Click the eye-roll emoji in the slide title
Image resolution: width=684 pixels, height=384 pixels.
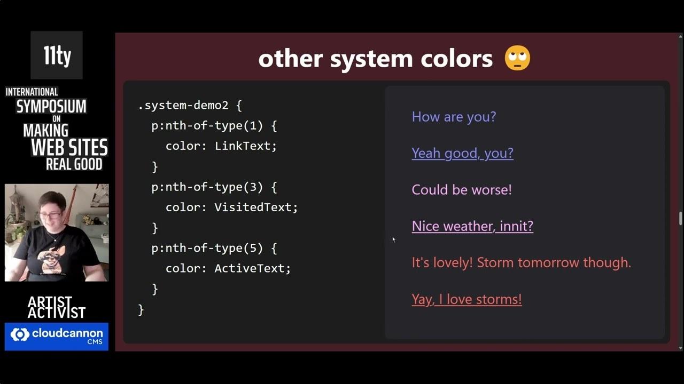point(517,58)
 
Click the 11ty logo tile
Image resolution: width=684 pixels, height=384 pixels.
point(57,55)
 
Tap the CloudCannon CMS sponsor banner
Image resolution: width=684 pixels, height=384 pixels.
point(57,337)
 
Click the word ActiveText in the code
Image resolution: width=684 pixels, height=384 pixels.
point(250,268)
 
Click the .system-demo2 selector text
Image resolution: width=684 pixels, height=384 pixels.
point(183,106)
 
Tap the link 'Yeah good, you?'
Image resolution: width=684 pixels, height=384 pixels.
point(462,153)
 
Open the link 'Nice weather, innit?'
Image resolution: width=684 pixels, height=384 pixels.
point(472,226)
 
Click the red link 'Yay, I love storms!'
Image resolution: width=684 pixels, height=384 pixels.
point(467,299)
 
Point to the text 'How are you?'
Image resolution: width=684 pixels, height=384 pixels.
point(454,117)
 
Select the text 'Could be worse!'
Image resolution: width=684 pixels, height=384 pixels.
point(461,189)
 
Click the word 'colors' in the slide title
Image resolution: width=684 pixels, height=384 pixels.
point(456,59)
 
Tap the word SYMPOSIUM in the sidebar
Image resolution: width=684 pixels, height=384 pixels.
point(51,106)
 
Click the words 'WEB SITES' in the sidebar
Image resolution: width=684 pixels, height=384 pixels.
point(69,148)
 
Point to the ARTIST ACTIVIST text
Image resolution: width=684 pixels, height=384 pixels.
point(57,307)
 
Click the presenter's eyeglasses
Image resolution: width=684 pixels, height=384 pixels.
point(52,216)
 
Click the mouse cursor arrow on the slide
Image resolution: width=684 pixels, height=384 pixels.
point(394,240)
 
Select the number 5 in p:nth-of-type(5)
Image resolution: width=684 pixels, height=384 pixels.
point(253,248)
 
